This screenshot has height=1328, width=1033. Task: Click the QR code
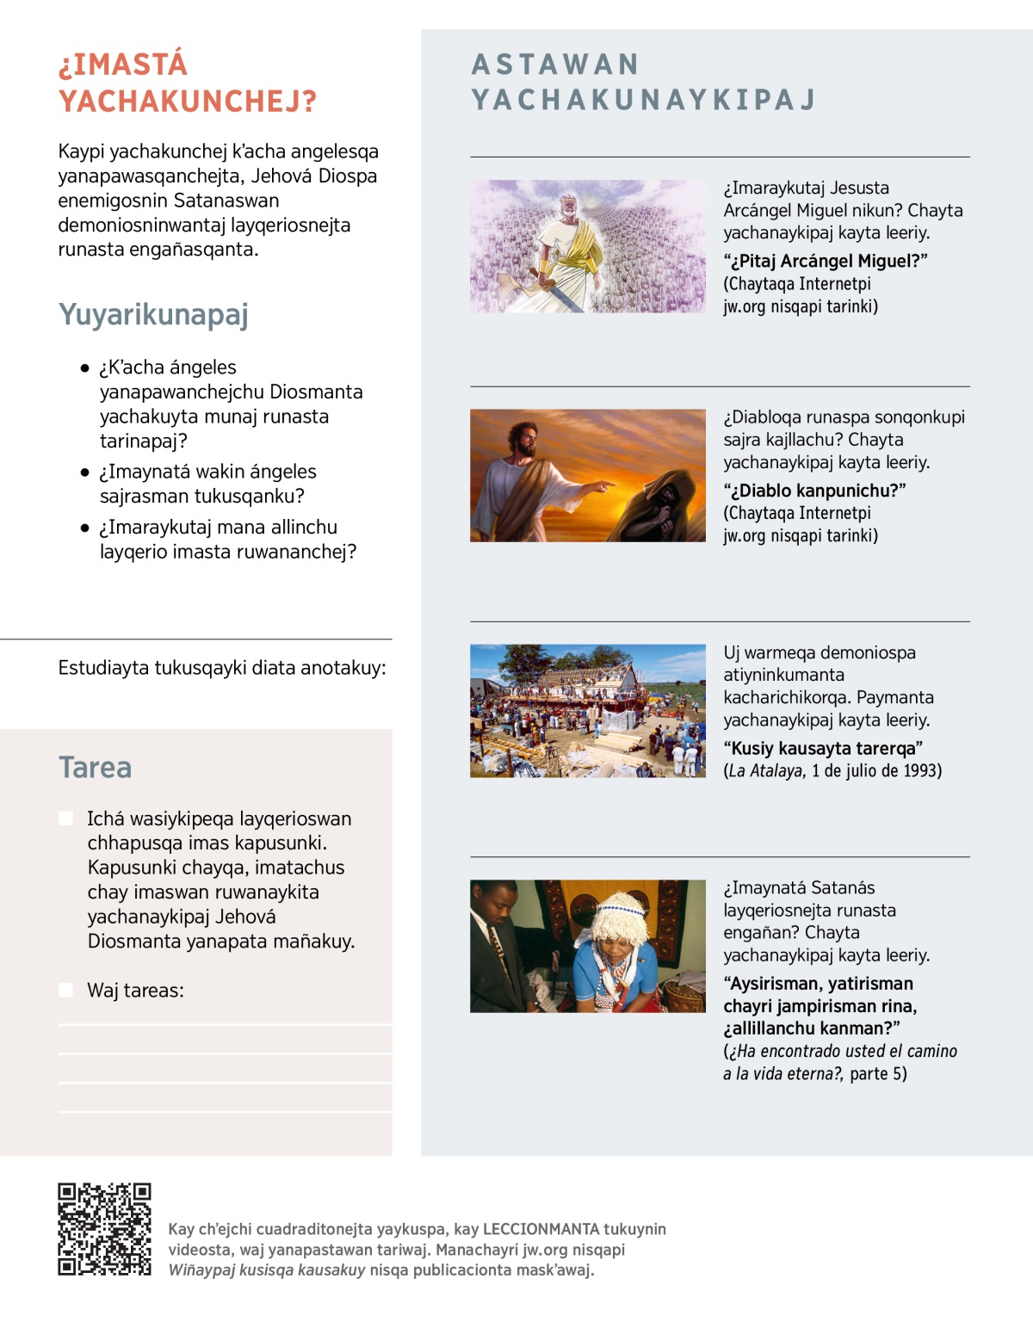(x=104, y=1228)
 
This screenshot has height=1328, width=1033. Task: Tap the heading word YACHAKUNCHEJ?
(x=188, y=102)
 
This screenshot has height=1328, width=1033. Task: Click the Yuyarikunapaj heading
(x=153, y=314)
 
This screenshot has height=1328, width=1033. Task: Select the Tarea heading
(x=96, y=767)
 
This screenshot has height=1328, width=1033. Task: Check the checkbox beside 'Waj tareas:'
(x=65, y=990)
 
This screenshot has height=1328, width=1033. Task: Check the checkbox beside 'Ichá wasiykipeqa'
(x=65, y=818)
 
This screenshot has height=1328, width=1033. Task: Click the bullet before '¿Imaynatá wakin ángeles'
(x=84, y=473)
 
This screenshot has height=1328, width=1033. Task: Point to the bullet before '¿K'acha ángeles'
(x=84, y=368)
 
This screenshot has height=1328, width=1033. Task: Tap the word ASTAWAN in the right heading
(x=555, y=65)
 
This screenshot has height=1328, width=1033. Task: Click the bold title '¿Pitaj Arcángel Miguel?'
(x=825, y=261)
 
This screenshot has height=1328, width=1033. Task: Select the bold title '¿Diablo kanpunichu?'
(x=814, y=491)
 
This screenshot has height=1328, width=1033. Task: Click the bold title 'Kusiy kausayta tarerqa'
(x=823, y=748)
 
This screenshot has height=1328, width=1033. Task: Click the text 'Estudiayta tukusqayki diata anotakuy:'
(x=222, y=668)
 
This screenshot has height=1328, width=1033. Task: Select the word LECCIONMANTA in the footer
(x=541, y=1229)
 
